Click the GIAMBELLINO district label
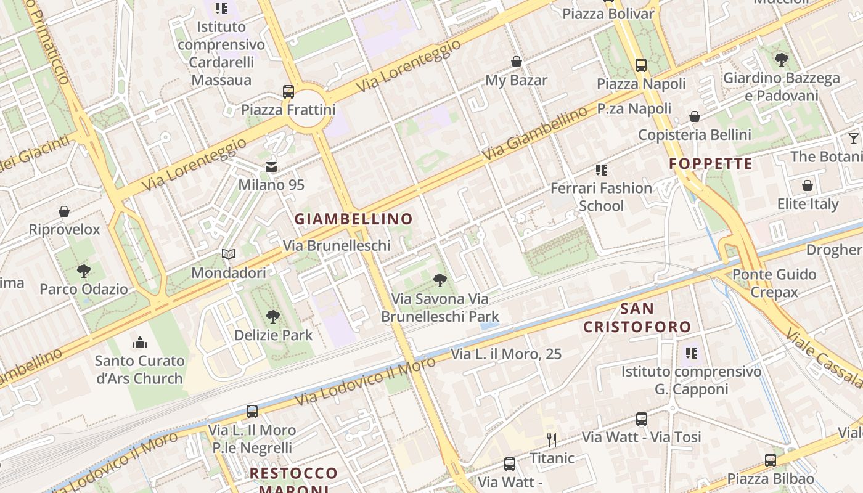point(353,219)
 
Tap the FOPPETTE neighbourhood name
point(711,164)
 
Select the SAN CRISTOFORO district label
point(637,317)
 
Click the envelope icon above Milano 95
point(271,167)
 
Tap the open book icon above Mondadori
point(229,255)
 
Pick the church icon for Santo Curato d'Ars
point(140,343)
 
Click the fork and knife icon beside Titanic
point(552,440)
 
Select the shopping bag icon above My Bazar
point(517,62)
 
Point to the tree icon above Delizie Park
point(273,317)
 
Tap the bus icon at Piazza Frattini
point(288,92)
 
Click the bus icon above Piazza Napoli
point(641,65)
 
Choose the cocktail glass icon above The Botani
point(853,139)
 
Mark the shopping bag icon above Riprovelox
point(64,212)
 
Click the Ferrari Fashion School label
point(601,197)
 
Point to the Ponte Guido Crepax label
point(774,283)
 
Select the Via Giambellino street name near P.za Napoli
point(534,134)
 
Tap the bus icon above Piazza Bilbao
point(771,460)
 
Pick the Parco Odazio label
point(84,289)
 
